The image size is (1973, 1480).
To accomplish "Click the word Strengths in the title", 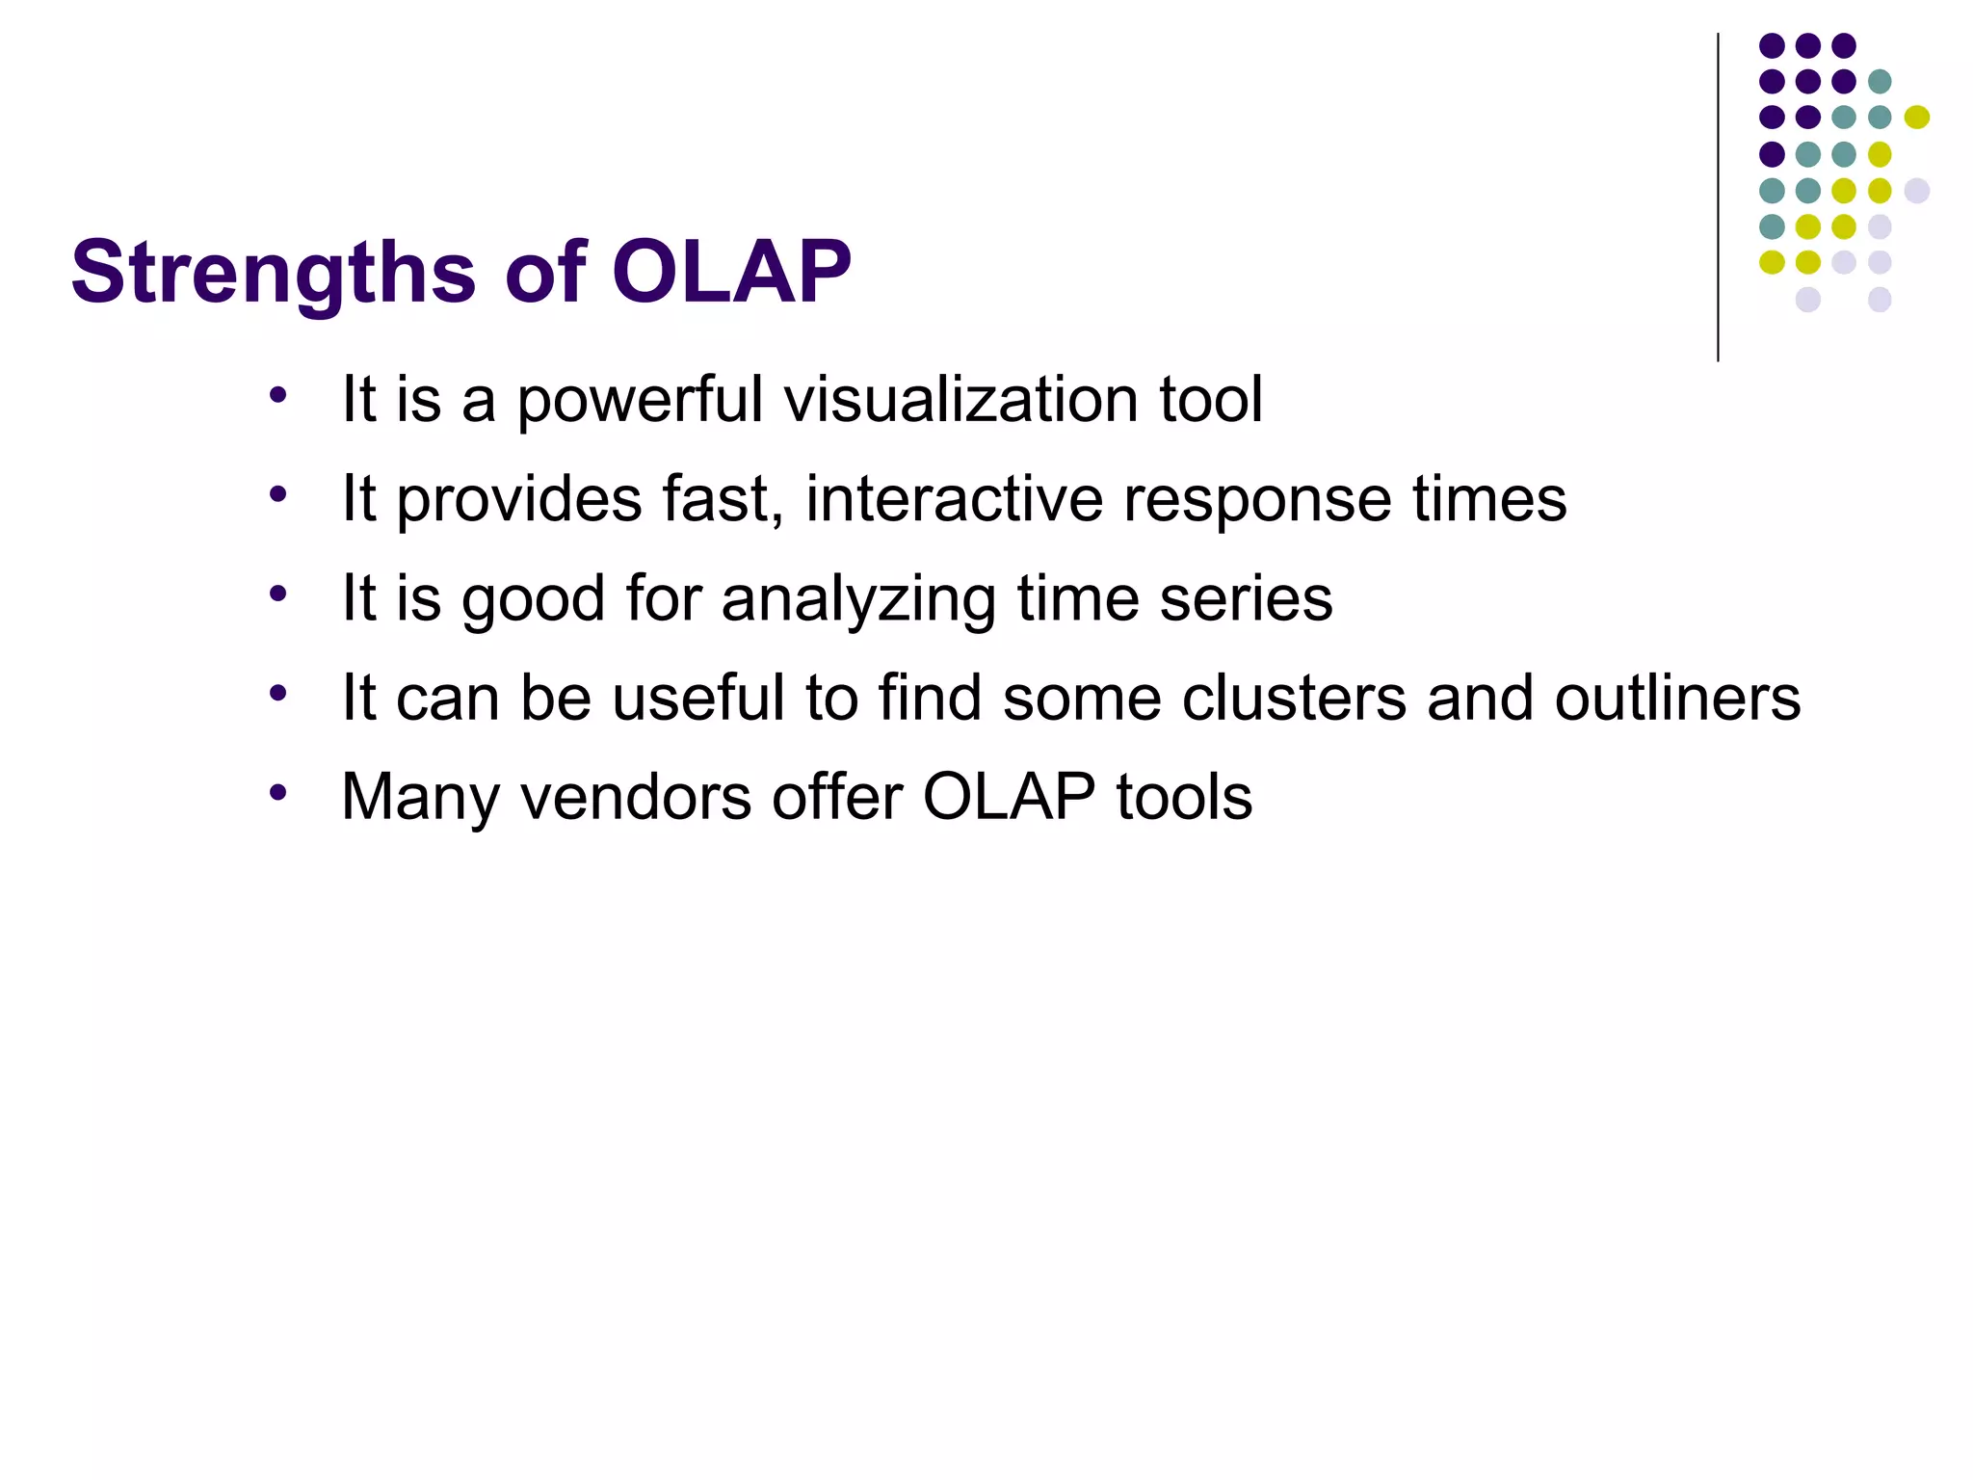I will [273, 273].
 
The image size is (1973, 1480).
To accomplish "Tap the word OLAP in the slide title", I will [731, 273].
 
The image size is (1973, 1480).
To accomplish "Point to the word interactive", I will [955, 499].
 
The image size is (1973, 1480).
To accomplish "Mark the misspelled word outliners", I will [1676, 698].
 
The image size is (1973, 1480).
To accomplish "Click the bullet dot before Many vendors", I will [278, 793].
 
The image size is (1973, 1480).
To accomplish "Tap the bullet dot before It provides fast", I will [278, 494].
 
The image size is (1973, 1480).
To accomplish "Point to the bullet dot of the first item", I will [278, 395].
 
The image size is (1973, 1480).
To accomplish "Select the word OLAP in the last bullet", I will [1009, 797].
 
